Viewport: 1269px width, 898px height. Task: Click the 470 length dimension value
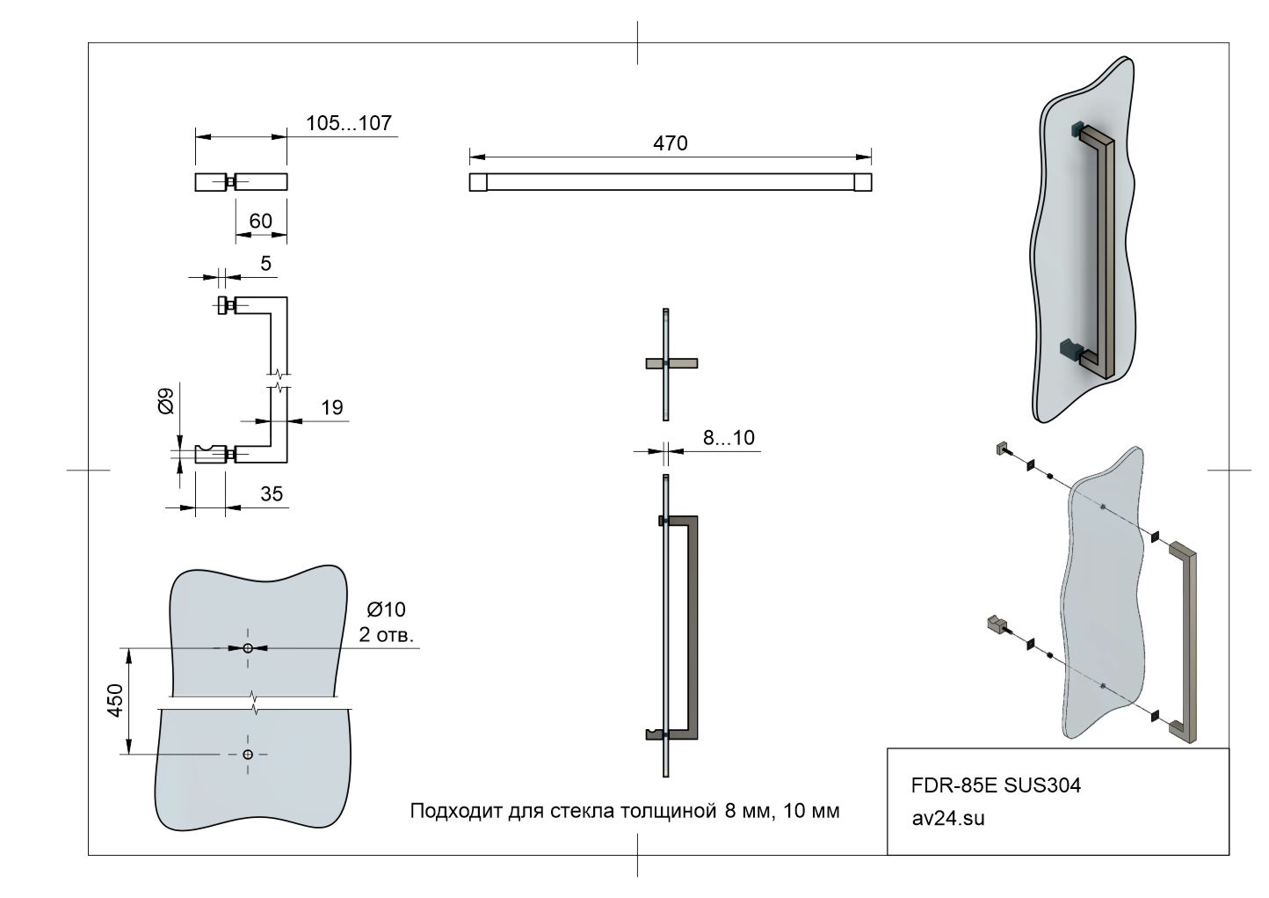coord(671,143)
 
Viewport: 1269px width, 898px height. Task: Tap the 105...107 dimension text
coord(348,123)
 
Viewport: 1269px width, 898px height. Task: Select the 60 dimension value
coord(261,221)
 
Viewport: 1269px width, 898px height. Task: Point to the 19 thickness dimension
coord(332,407)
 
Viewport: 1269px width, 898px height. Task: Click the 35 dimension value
coord(272,494)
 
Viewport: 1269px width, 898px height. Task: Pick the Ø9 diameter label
coord(166,401)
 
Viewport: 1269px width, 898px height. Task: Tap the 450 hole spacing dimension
coord(115,701)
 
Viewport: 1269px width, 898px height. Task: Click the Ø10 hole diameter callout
coord(387,610)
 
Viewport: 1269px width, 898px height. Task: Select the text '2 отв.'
coord(387,635)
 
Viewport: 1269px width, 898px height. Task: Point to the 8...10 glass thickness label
coord(729,438)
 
